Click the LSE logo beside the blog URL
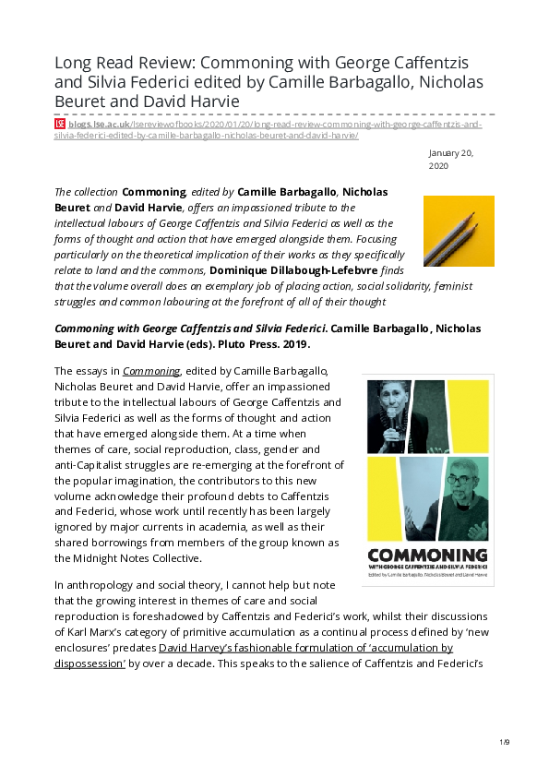[60, 124]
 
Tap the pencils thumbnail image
[459, 231]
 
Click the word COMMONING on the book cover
[427, 556]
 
